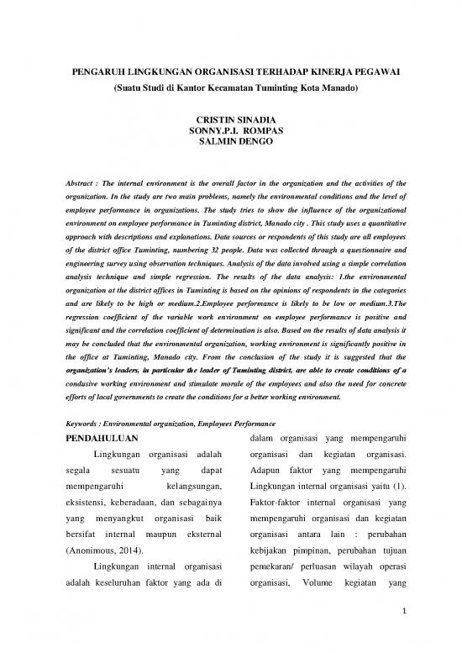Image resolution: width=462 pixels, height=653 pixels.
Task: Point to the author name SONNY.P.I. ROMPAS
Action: [x=230, y=134]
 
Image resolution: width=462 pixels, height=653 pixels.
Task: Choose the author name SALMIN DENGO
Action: [x=230, y=145]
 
